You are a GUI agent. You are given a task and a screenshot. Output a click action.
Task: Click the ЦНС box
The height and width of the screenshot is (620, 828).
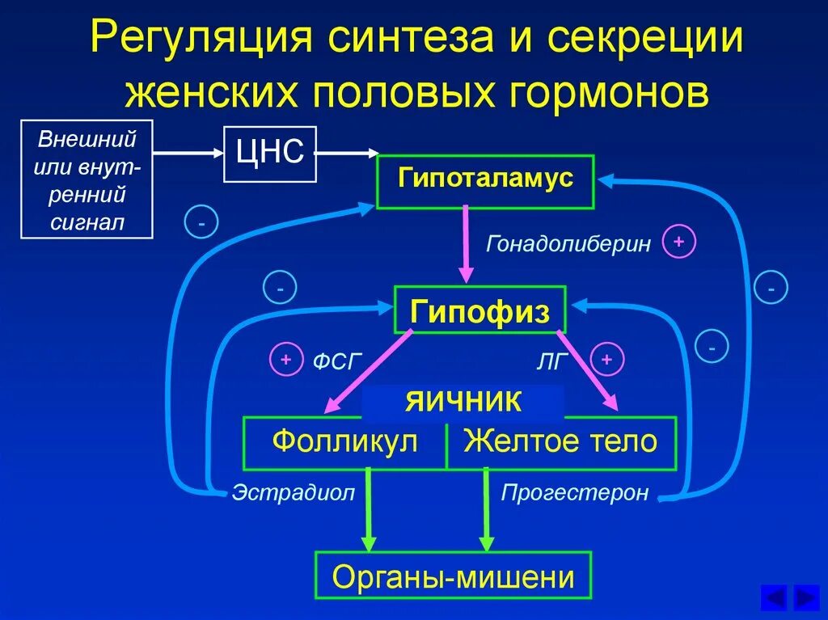click(x=269, y=154)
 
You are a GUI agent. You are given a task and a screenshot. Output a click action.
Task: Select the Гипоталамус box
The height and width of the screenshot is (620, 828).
click(x=485, y=181)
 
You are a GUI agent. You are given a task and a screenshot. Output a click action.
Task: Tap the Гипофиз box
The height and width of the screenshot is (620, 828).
click(x=479, y=310)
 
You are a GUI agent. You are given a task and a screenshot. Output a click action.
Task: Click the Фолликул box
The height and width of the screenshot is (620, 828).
click(x=344, y=443)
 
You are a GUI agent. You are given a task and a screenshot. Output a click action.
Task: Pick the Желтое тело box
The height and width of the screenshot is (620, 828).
click(x=560, y=443)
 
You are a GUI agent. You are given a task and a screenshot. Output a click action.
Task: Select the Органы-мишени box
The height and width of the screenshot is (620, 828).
click(x=453, y=576)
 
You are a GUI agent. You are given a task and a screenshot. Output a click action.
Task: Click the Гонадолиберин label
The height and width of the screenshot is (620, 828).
click(x=568, y=243)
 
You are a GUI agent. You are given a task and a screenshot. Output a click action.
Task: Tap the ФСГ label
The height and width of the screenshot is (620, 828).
click(x=334, y=361)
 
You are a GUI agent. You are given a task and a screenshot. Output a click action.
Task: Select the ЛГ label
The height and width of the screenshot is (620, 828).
click(x=554, y=361)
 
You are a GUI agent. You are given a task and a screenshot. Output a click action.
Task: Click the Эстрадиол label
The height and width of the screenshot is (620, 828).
click(x=294, y=492)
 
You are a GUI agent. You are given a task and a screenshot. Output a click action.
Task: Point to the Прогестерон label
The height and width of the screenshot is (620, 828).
click(x=575, y=492)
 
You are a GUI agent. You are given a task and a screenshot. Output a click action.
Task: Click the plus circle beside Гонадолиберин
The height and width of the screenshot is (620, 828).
click(x=679, y=243)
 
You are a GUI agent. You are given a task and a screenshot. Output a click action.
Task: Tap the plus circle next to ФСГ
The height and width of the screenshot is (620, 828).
click(x=285, y=361)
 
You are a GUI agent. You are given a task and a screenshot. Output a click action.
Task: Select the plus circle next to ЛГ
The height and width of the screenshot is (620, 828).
click(x=607, y=359)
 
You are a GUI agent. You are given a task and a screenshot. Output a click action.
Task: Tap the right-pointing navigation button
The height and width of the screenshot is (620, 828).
click(x=805, y=597)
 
